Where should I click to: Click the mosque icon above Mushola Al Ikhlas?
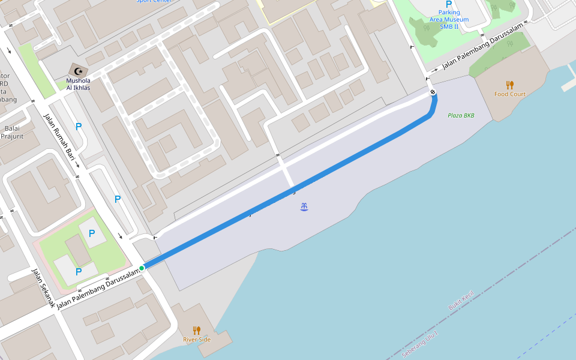[x=77, y=70]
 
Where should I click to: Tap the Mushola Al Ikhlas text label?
[x=78, y=83]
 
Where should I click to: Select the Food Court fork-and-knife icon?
[x=509, y=85]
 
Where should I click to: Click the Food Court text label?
[x=509, y=94]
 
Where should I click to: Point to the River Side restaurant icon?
[x=196, y=330]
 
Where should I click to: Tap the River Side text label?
[x=197, y=340]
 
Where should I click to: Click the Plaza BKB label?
[x=461, y=115]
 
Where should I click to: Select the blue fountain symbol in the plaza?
[x=305, y=207]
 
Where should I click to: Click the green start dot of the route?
[x=142, y=268]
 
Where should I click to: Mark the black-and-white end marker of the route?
[x=433, y=92]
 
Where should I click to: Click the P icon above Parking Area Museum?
[x=449, y=4]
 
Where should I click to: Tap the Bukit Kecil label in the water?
[x=461, y=301]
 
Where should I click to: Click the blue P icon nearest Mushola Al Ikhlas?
[x=78, y=127]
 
